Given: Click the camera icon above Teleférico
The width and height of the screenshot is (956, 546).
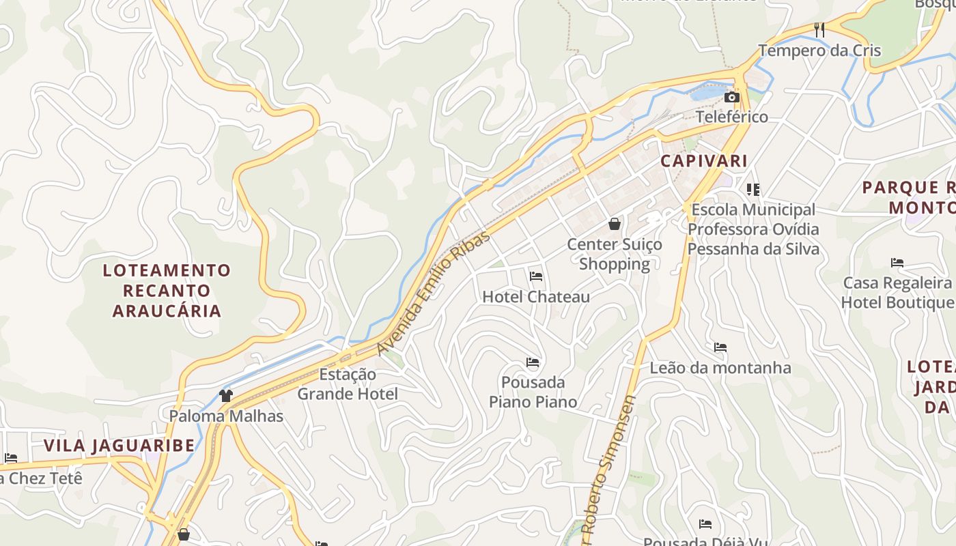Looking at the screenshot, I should coord(732,98).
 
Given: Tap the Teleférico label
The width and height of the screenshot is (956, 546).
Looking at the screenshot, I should coord(732,117).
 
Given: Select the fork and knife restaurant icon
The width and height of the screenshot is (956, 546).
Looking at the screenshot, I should coord(819,29).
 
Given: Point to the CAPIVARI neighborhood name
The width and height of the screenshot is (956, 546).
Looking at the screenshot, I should coord(704,161).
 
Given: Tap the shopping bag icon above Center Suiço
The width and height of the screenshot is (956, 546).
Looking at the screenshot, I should coord(615,224).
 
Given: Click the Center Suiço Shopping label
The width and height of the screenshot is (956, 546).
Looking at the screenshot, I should coord(615,254).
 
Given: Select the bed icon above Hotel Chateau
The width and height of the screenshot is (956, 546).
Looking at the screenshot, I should coord(536,276).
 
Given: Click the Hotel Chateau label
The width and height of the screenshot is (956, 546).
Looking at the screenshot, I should coord(536,297).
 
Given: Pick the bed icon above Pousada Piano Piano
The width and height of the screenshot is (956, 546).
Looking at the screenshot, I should coord(533,362).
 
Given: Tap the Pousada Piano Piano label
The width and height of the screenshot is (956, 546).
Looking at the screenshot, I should coord(533,392).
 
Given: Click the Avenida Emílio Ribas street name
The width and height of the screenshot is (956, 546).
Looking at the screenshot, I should coord(434,293).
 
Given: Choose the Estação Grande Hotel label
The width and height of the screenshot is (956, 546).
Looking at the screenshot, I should coord(348,384).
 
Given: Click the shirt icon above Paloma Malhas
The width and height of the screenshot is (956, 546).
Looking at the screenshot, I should coord(226,395).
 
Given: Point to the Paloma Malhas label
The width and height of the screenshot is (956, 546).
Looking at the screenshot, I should coord(226,416).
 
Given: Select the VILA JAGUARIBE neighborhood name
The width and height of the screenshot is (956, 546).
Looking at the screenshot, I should coord(119,446).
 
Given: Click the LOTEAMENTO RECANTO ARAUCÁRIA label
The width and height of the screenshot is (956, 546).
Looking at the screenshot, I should coord(167,291).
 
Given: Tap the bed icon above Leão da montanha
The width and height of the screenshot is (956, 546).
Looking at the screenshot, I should coord(720,347).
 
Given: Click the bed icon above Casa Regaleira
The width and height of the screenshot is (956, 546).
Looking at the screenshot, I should coord(897,263).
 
